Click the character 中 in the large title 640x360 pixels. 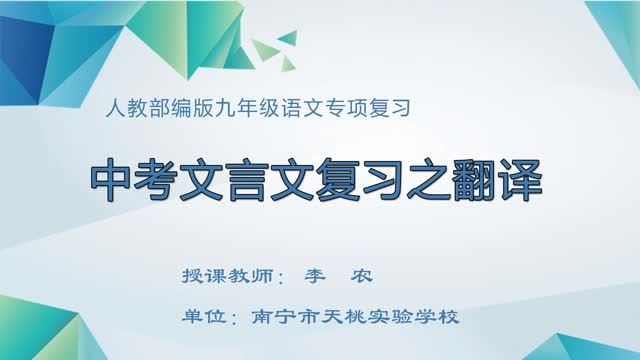pyautogui.click(x=112, y=183)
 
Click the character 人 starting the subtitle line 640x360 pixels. pyautogui.click(x=112, y=106)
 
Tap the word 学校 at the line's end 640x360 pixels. pyautogui.click(x=438, y=318)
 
